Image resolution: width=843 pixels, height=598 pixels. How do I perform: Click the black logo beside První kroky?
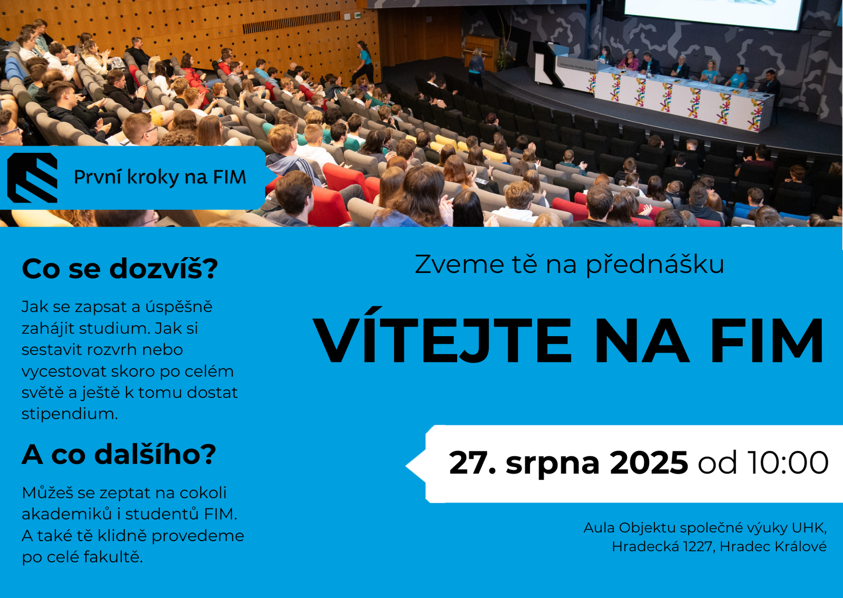[32, 178]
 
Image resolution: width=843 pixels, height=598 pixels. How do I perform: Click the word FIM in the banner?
[230, 177]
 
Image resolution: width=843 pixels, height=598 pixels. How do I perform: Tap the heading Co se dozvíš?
[120, 269]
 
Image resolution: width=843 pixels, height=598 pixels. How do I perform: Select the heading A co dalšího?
[119, 455]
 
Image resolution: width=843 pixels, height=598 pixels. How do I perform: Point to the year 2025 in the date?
[649, 463]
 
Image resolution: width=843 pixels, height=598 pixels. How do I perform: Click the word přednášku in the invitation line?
[655, 264]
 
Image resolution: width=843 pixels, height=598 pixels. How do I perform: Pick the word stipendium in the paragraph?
[70, 414]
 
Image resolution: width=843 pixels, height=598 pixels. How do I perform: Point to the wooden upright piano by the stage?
[482, 52]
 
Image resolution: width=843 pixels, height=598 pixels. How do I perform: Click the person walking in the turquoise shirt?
[363, 63]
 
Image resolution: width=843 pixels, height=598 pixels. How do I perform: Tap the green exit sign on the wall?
[357, 15]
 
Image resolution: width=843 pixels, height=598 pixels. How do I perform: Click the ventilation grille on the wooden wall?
[291, 23]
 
